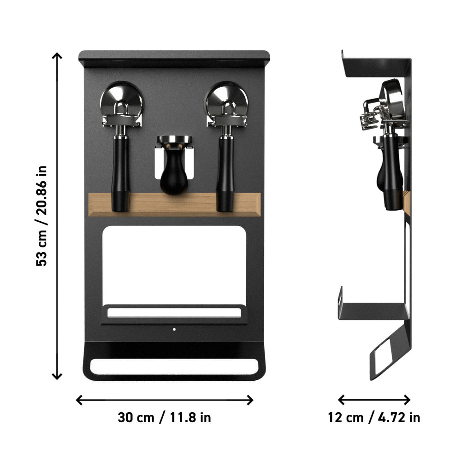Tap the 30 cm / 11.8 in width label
(x=164, y=418)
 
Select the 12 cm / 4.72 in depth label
(x=374, y=418)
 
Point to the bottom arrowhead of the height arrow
(x=57, y=377)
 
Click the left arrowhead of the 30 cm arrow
(x=79, y=400)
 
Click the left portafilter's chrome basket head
(x=121, y=99)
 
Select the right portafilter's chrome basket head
(x=226, y=99)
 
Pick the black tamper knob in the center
(x=173, y=175)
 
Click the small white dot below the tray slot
(x=174, y=329)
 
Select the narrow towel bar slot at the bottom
(x=174, y=366)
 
